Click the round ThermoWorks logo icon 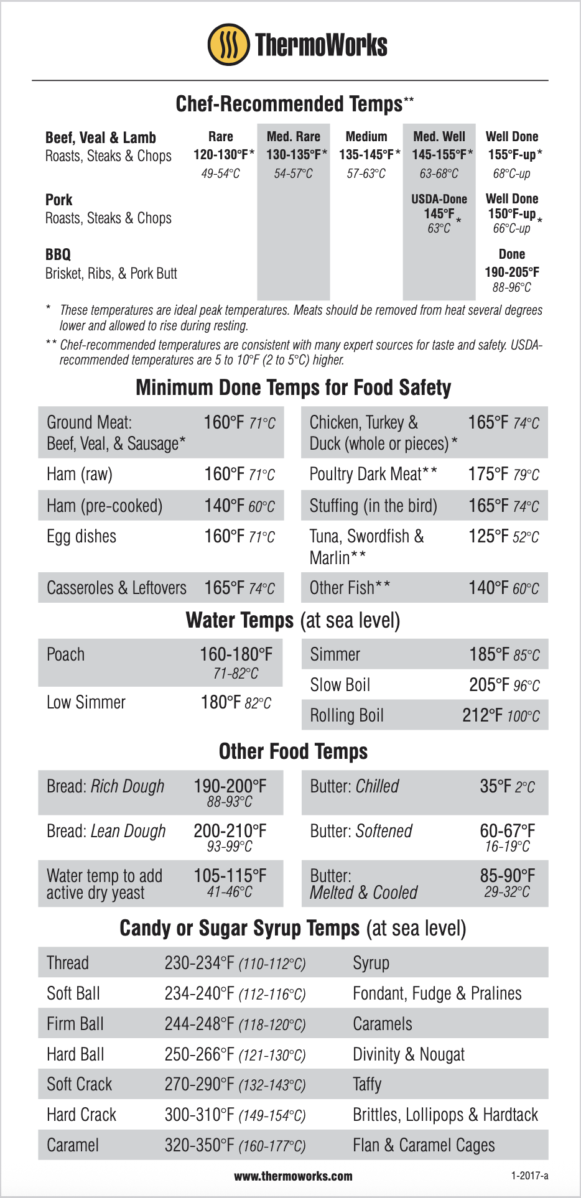pyautogui.click(x=228, y=45)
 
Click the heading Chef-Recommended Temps pyautogui.click(x=289, y=104)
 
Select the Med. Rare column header pyautogui.click(x=293, y=137)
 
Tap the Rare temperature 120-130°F pyautogui.click(x=221, y=155)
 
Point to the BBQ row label pyautogui.click(x=58, y=254)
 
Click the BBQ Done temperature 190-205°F pyautogui.click(x=511, y=272)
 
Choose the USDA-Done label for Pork pyautogui.click(x=439, y=199)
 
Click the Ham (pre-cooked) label pyautogui.click(x=105, y=506)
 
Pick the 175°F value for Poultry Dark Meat pyautogui.click(x=488, y=474)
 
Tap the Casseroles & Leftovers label pyautogui.click(x=116, y=588)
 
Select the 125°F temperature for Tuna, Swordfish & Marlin pyautogui.click(x=489, y=536)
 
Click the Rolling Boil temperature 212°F pyautogui.click(x=482, y=715)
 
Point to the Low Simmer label pyautogui.click(x=86, y=702)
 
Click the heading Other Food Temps pyautogui.click(x=293, y=751)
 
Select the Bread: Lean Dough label pyautogui.click(x=106, y=831)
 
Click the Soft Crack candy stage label pyautogui.click(x=79, y=1084)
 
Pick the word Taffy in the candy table pyautogui.click(x=367, y=1084)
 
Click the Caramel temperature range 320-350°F pyautogui.click(x=199, y=1145)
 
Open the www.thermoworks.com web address pyautogui.click(x=293, y=1176)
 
